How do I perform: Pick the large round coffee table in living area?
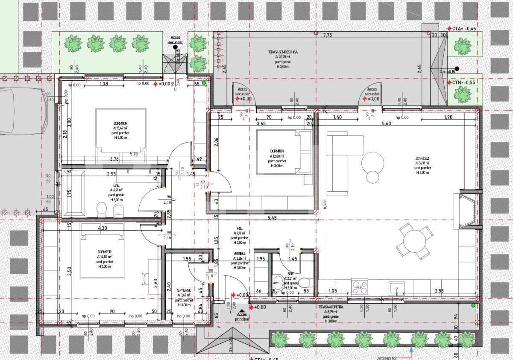point(373,162)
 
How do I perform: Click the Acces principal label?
point(242,316)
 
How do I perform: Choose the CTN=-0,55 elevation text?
point(464,82)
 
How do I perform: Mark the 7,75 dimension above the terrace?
point(328,35)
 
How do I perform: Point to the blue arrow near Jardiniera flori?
point(411,349)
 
